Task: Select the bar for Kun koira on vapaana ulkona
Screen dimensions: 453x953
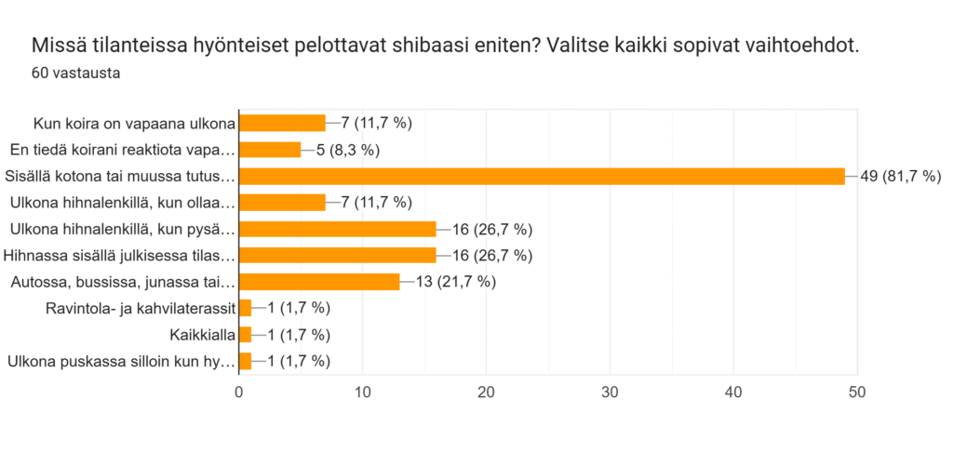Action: click(282, 123)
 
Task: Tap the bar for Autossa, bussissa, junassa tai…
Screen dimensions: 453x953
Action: click(319, 282)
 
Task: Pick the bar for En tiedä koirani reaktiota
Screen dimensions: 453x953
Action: click(270, 150)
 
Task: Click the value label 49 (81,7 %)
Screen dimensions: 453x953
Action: click(901, 176)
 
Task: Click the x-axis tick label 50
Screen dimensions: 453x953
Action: click(857, 393)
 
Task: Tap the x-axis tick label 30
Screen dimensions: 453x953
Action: click(610, 393)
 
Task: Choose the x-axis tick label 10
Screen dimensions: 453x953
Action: click(362, 393)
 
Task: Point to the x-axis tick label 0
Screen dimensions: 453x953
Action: click(239, 393)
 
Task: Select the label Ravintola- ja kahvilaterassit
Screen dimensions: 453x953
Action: click(140, 309)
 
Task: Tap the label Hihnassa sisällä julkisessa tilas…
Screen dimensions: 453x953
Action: click(119, 256)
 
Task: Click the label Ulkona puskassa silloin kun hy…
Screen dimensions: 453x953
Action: click(120, 362)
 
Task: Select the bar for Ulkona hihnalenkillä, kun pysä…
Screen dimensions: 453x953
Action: click(338, 229)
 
